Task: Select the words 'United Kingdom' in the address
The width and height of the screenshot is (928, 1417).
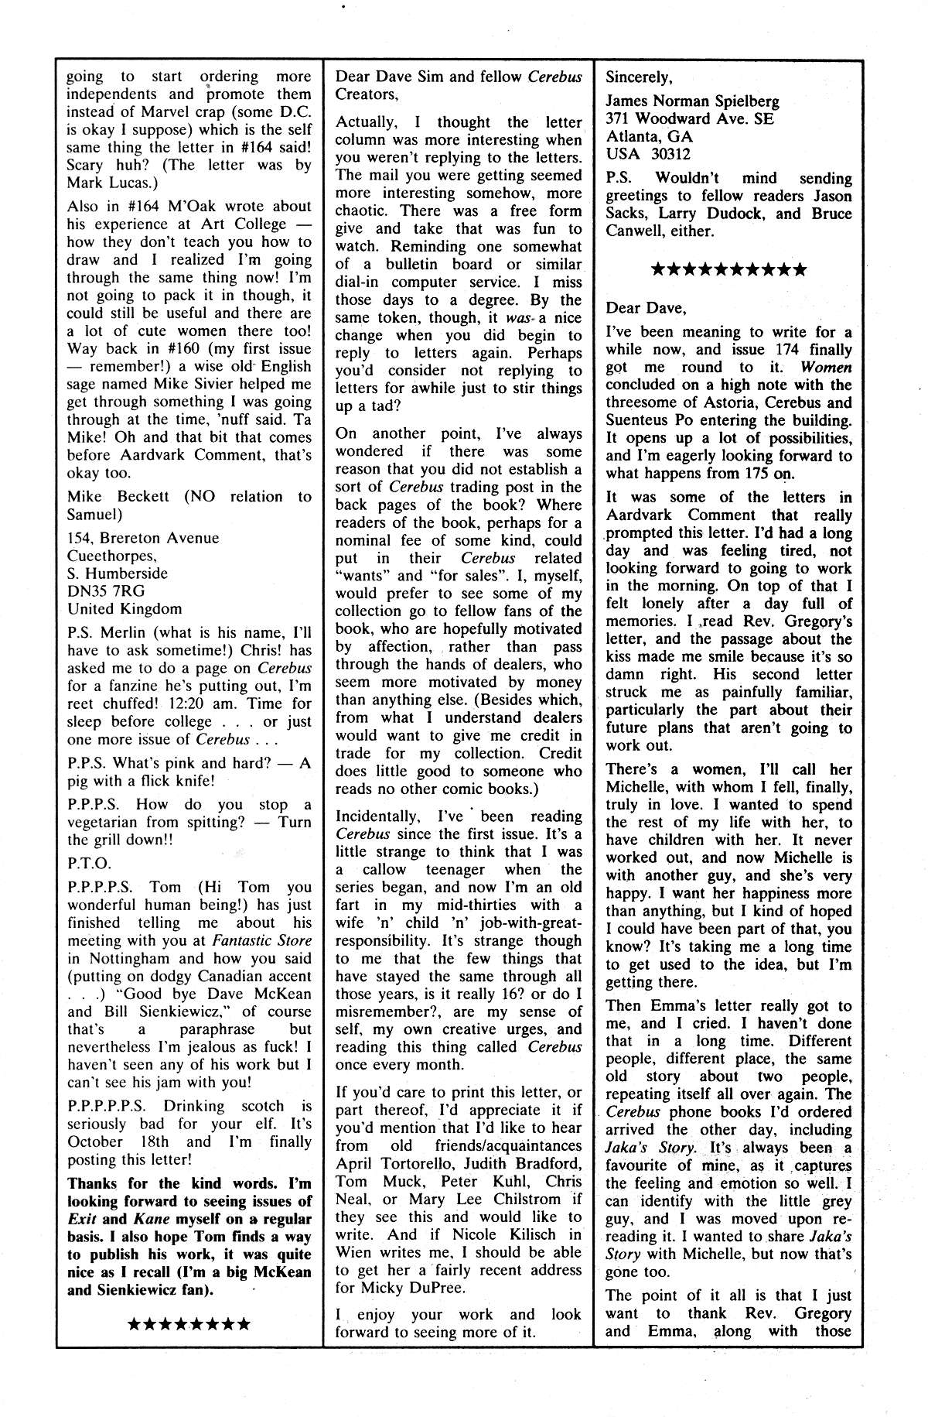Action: (x=125, y=609)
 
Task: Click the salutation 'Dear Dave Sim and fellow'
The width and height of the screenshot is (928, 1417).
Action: (x=429, y=77)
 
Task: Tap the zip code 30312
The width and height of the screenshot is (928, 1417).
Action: (x=670, y=154)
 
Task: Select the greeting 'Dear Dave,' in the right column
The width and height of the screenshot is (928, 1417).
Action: (x=645, y=308)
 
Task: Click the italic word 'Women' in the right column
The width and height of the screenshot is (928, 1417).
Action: (x=826, y=368)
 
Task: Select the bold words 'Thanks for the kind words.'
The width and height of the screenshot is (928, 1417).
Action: (x=176, y=1183)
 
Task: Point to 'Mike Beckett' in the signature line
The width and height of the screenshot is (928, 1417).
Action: (x=118, y=497)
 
